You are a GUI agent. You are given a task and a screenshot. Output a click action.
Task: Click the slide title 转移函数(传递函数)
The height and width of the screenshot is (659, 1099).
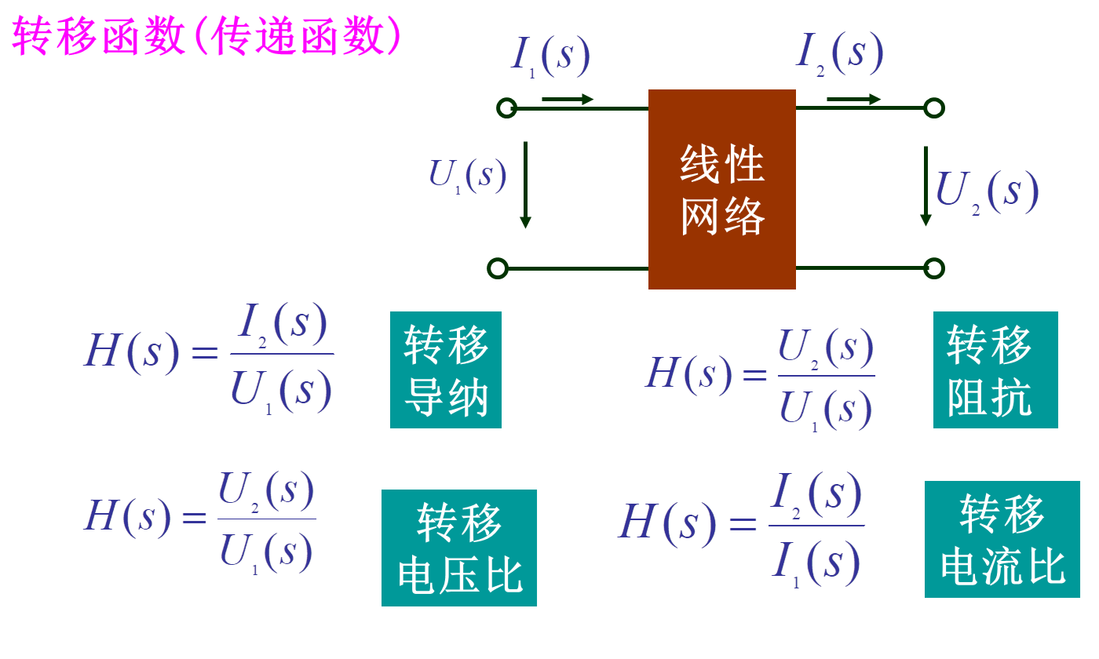[206, 36]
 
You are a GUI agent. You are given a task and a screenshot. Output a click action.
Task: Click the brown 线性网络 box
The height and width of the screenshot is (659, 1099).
[722, 189]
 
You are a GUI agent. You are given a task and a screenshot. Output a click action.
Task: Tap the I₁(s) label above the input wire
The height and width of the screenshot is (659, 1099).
[549, 56]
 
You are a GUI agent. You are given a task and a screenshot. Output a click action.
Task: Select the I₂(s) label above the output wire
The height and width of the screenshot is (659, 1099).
[839, 53]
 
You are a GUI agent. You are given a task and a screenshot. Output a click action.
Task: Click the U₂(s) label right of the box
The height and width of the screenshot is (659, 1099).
[988, 191]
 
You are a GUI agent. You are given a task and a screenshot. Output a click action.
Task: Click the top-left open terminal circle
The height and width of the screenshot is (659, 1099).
[506, 108]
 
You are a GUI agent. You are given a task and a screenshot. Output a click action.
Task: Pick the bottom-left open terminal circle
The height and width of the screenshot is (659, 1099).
[497, 268]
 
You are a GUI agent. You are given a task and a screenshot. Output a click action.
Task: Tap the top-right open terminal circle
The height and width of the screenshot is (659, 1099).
[933, 107]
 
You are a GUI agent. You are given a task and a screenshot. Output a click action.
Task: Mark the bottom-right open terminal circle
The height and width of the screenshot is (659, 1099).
[933, 268]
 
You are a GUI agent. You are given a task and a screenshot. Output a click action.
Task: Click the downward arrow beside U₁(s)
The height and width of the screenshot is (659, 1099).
[525, 184]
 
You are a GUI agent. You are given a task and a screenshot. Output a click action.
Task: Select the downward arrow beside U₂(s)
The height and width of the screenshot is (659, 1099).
[926, 186]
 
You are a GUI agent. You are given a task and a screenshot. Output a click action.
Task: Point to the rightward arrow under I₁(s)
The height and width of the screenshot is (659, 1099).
[567, 100]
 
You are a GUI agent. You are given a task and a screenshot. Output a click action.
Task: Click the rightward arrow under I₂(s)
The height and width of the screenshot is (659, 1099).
[853, 99]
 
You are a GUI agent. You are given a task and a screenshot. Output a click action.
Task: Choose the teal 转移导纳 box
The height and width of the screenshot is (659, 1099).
[446, 370]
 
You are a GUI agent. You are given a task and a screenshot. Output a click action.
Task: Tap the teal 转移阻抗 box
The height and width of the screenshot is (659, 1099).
[995, 370]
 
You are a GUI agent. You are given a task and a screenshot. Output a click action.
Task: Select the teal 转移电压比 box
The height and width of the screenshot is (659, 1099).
[459, 548]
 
